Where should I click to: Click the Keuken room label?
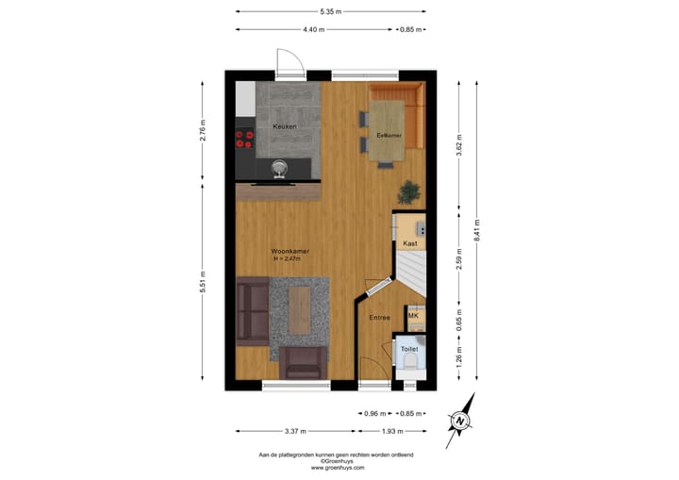pos(285,126)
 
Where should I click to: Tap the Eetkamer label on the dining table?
pos(389,135)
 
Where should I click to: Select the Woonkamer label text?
pos(290,252)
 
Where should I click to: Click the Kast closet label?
pos(409,243)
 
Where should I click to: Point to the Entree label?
pos(380,318)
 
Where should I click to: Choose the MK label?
pos(413,316)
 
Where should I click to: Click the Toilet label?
pos(409,349)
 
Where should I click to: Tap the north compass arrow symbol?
pos(461,421)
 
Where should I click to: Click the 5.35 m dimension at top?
pos(330,11)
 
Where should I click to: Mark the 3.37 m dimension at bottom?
pos(296,431)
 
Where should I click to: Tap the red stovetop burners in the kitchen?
pos(244,140)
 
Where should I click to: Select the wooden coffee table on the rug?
pos(300,310)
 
